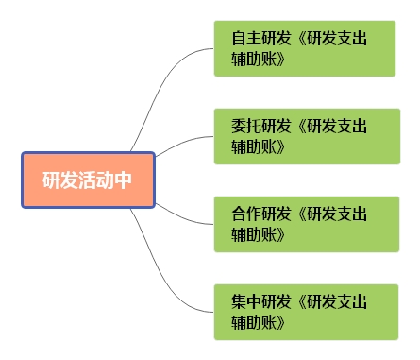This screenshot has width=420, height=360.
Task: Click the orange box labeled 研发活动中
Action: [88, 180]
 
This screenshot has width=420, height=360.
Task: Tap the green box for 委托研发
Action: [304, 136]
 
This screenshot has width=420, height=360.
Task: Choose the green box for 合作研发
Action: [304, 224]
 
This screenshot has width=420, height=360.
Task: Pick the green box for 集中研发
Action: [304, 312]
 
